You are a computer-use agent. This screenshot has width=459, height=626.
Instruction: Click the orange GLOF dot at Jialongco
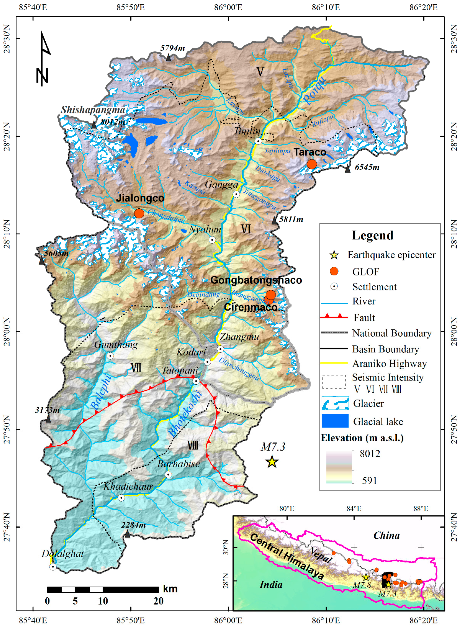(x=139, y=213)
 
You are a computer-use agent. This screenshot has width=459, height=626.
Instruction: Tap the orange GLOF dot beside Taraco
(x=312, y=164)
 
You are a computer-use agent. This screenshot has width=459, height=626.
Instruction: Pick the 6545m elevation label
(x=367, y=167)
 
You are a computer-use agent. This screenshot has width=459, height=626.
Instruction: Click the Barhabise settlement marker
(x=168, y=475)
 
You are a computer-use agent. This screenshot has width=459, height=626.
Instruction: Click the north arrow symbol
(x=43, y=58)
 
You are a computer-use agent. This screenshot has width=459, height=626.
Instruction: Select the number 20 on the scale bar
(x=158, y=601)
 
